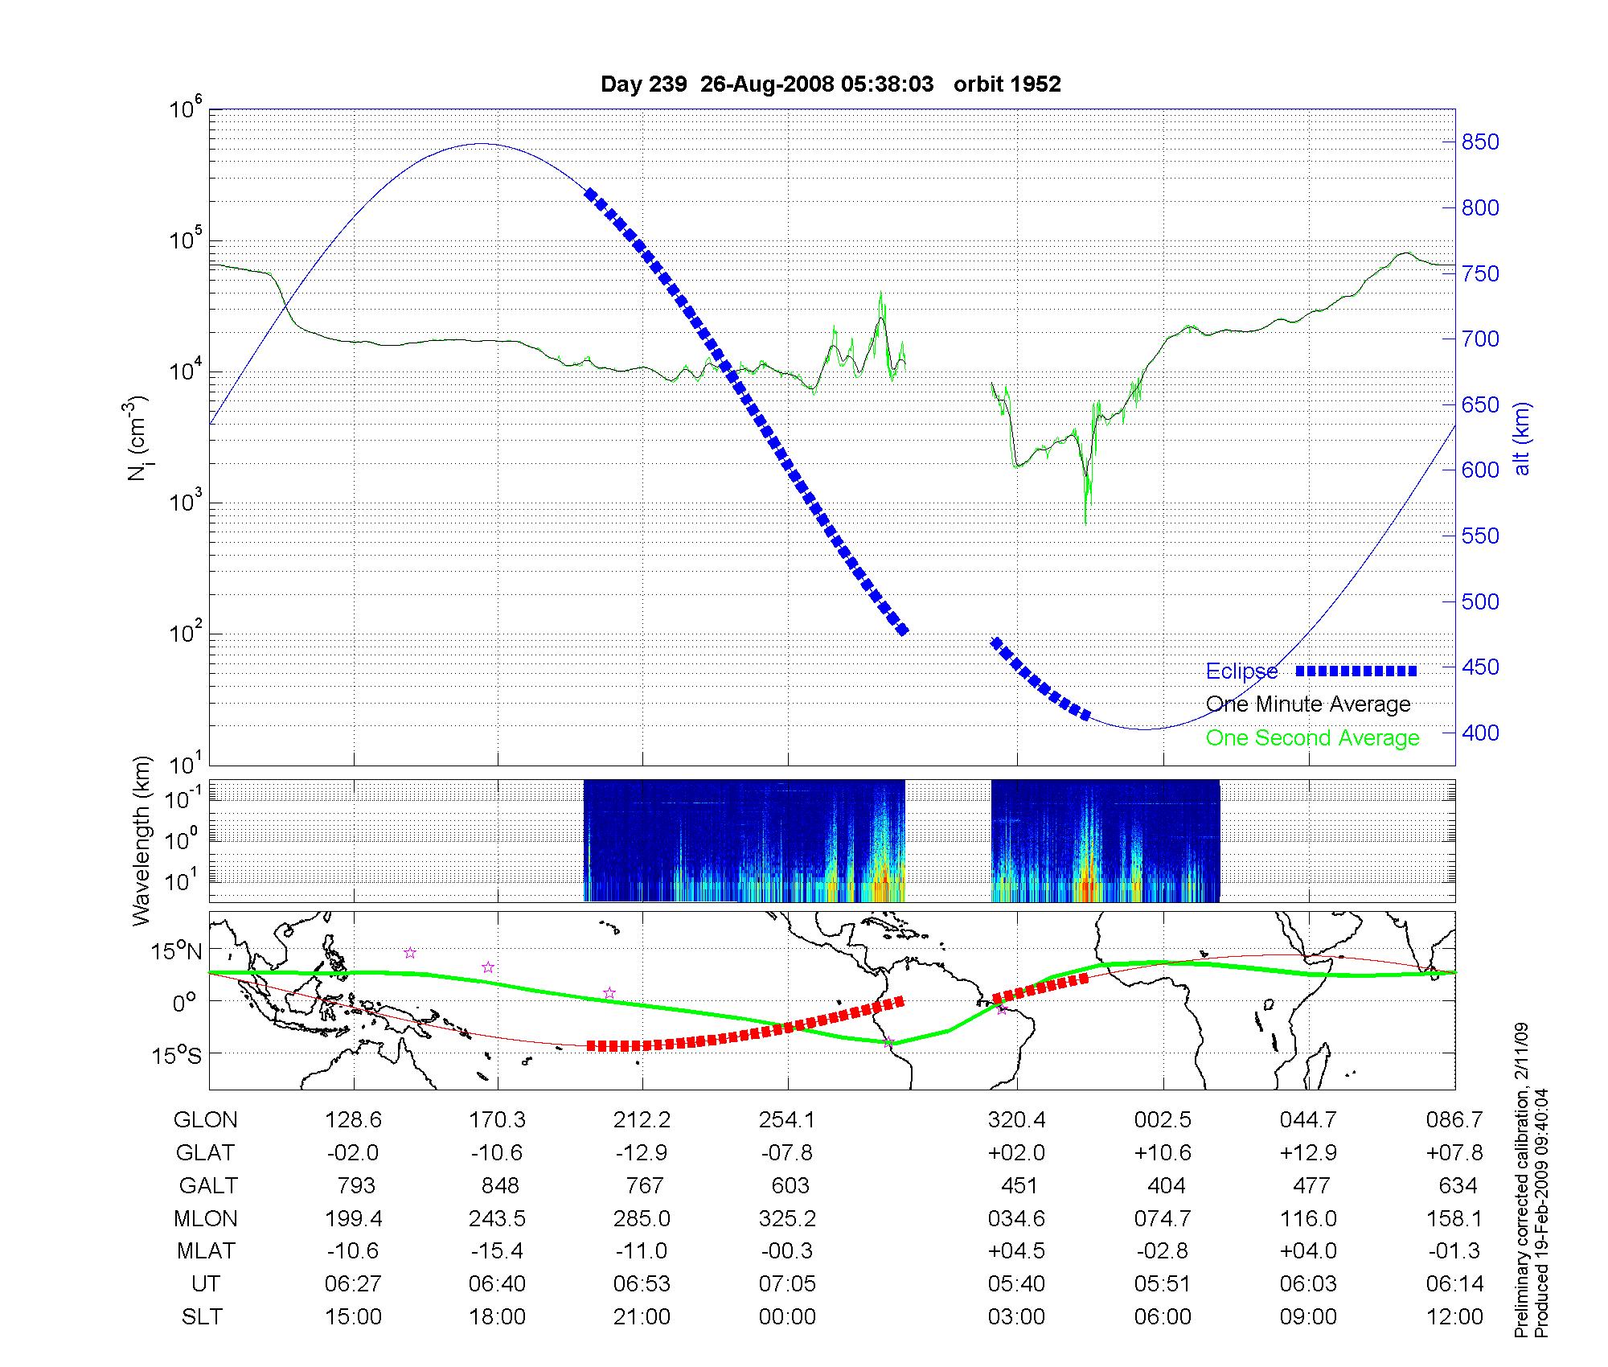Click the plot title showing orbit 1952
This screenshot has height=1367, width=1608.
tap(831, 84)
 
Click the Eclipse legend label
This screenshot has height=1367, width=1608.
tap(1241, 671)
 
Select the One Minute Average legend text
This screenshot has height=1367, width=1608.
tap(1308, 704)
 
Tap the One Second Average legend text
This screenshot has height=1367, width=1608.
tap(1312, 738)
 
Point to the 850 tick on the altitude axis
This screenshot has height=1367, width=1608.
tap(1480, 142)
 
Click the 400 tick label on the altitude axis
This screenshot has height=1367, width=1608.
tap(1480, 733)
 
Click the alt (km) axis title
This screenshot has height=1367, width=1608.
tap(1522, 438)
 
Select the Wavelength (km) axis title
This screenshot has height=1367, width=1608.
tap(142, 841)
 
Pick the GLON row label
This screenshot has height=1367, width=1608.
tap(205, 1119)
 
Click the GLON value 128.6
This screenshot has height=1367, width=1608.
tap(353, 1119)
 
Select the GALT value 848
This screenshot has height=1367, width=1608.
tap(498, 1185)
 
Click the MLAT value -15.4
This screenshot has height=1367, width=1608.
tap(498, 1251)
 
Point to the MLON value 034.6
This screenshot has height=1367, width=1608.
tap(1017, 1218)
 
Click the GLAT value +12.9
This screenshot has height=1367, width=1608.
tap(1308, 1152)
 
